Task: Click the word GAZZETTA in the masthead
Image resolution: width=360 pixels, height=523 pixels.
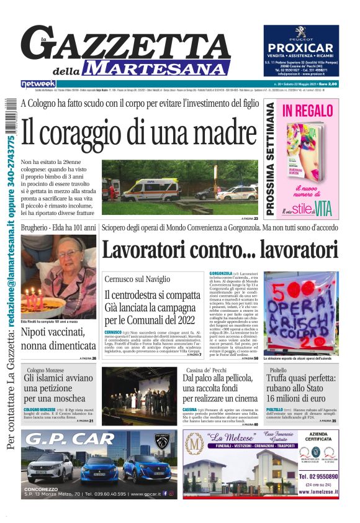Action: (x=124, y=44)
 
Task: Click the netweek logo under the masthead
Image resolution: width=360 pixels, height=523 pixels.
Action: (x=38, y=83)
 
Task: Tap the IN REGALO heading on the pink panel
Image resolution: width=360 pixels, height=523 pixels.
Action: (x=308, y=112)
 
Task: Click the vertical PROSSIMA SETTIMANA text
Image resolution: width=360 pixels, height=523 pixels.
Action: (x=271, y=159)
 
